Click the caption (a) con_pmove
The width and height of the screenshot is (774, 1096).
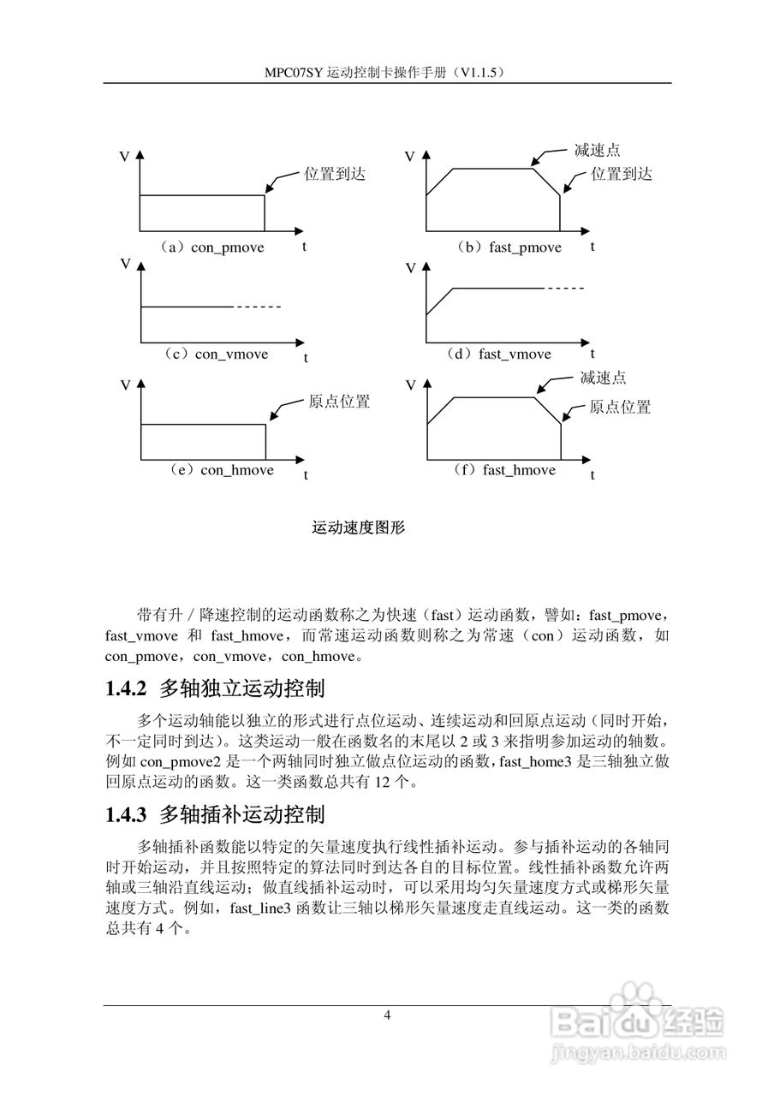[x=211, y=247]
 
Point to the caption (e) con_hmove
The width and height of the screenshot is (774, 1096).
[x=221, y=470]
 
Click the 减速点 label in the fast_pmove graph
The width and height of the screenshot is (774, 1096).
[x=597, y=151]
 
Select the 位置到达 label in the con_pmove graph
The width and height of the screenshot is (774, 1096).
[x=335, y=174]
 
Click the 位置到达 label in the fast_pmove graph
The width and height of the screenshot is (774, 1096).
[x=622, y=174]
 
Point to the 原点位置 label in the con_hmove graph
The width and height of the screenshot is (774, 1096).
[x=339, y=402]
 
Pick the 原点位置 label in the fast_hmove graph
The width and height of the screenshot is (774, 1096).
[x=620, y=407]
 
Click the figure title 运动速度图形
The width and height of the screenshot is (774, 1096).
[x=358, y=528]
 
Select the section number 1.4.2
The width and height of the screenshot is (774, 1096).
[x=127, y=688]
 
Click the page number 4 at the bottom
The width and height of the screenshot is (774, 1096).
[x=387, y=1016]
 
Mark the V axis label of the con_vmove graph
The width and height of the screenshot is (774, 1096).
[x=125, y=264]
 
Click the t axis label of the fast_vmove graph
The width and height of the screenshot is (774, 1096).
[x=592, y=353]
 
